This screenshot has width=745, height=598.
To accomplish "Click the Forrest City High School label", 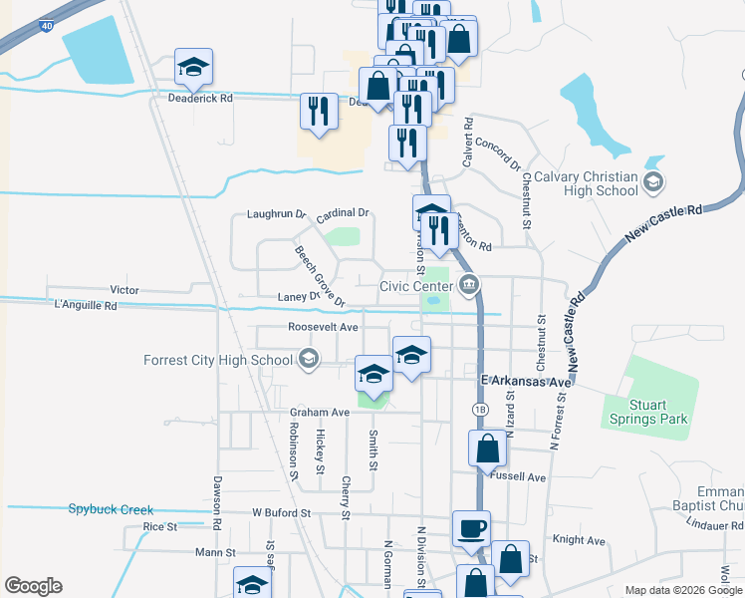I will click(x=217, y=360).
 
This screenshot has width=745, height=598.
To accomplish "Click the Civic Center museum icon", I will click(x=469, y=286).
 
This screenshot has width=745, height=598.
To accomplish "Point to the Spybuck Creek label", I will click(x=111, y=509).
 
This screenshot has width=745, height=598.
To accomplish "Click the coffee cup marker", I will click(x=471, y=529).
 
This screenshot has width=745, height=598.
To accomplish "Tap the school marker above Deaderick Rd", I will click(x=194, y=68).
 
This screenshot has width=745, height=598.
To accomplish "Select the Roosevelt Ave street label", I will click(x=323, y=327).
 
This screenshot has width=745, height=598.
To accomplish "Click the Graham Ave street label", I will click(x=320, y=412).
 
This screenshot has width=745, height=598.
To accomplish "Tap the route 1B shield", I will click(x=480, y=409).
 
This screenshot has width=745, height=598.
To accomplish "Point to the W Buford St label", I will click(x=282, y=512).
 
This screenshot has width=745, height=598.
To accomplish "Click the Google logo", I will click(x=33, y=586).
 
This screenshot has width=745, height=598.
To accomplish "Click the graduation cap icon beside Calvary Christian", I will click(x=652, y=181).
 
